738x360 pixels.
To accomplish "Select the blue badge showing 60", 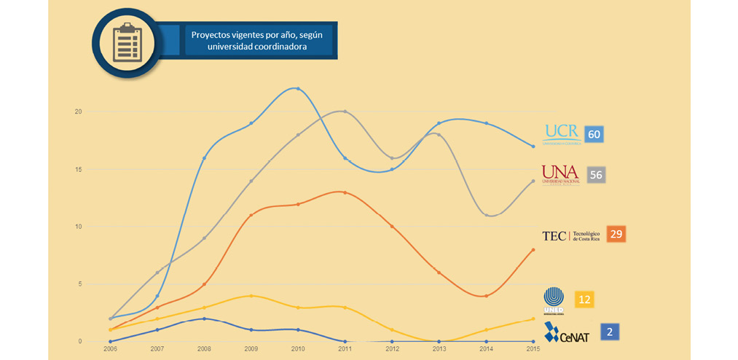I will tap(594, 134).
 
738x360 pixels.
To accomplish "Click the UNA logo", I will tap(560, 174).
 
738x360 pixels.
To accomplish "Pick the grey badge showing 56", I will tap(594, 175).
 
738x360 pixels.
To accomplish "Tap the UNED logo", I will tap(554, 300).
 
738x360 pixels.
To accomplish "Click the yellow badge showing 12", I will tap(584, 299).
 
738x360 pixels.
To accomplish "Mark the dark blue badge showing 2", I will tap(609, 332).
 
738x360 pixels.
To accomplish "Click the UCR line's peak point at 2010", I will tap(297, 89).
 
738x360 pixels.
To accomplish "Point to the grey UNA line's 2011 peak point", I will tap(345, 111).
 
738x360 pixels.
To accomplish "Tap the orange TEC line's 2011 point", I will tap(345, 192).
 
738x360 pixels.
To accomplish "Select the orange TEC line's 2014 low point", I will tap(487, 295).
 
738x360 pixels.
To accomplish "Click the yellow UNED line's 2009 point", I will tap(251, 296).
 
